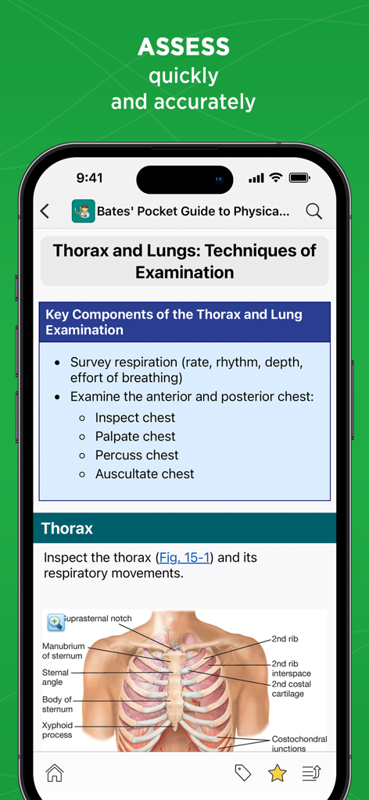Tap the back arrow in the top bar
coord(45,211)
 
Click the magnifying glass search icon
coord(313,211)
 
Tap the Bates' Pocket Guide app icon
coord(83,211)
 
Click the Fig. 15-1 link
coord(184,558)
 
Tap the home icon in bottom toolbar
coord(55,773)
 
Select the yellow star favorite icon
coord(278,773)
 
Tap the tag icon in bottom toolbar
coord(243,773)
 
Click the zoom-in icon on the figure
coord(56,623)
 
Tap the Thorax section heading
coord(67,529)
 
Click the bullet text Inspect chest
coord(135,418)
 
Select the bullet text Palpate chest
coord(135,437)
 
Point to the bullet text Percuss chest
coord(137,455)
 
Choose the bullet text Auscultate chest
coord(145,474)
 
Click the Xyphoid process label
coord(57,730)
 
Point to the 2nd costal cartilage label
coord(292,689)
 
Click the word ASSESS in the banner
coord(184,48)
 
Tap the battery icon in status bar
coord(300,178)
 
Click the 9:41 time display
coord(90,178)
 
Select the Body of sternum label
coord(57,705)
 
